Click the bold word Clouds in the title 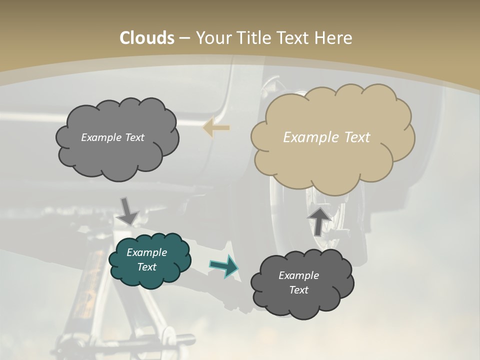tap(147, 38)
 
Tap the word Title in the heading tap(253, 38)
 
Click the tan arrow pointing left tap(216, 127)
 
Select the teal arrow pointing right tap(223, 266)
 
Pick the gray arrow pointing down tap(128, 211)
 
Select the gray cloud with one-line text tap(116, 138)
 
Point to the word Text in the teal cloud tap(146, 267)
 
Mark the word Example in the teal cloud tap(146, 252)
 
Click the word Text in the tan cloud tap(357, 137)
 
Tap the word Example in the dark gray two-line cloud tap(298, 275)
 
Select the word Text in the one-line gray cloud tap(135, 137)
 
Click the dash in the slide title tap(184, 38)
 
